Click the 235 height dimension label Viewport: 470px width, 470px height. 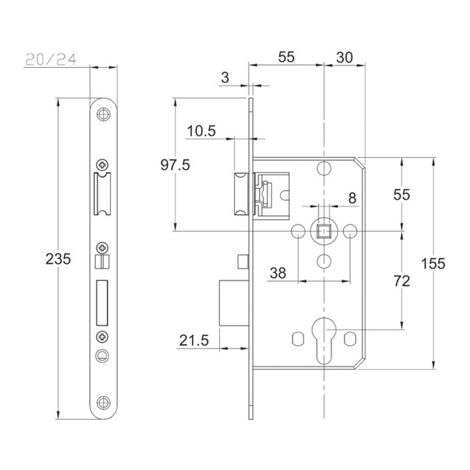pyautogui.click(x=58, y=259)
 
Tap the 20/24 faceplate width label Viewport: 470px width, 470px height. pyautogui.click(x=51, y=59)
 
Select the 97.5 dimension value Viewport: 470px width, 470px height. pyautogui.click(x=175, y=165)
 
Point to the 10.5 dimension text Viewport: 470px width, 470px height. pyautogui.click(x=202, y=131)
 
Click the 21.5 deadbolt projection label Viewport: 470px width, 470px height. pyautogui.click(x=194, y=340)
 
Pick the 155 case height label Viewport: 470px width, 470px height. pyautogui.click(x=433, y=264)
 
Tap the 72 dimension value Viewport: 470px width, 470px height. pyautogui.click(x=401, y=281)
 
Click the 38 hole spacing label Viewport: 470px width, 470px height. pyautogui.click(x=278, y=273)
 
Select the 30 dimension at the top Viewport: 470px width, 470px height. pyautogui.click(x=345, y=57)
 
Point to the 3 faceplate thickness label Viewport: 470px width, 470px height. pyautogui.click(x=225, y=78)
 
